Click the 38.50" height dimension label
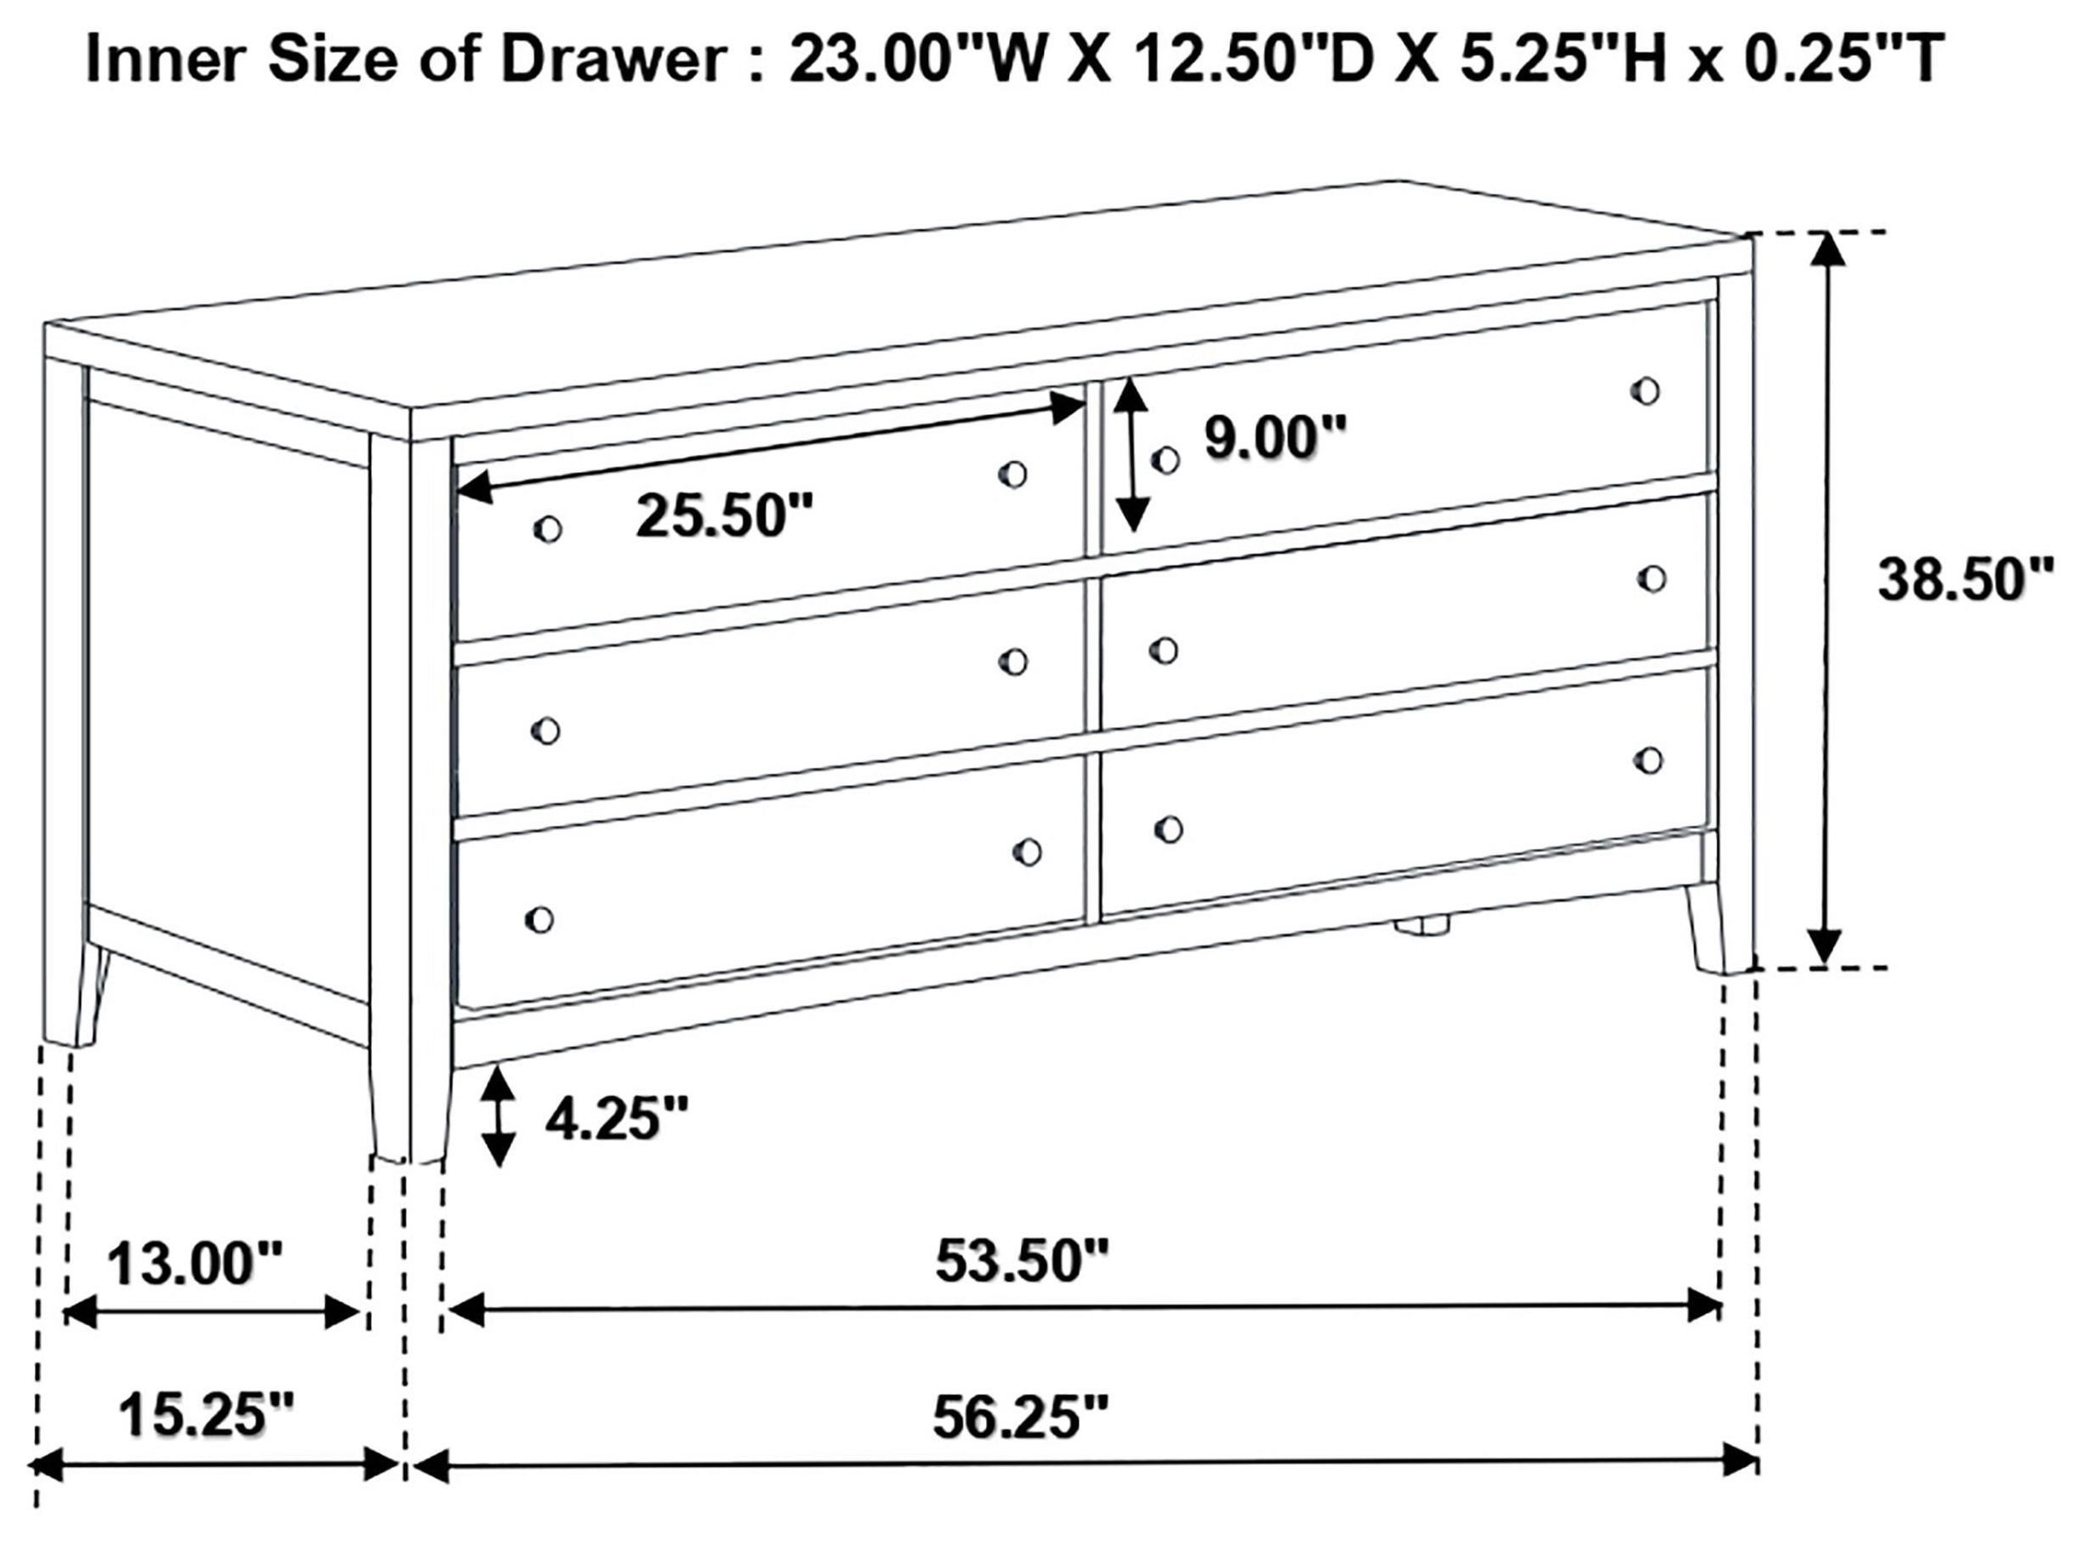[x=1964, y=580]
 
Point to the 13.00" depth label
[x=194, y=1265]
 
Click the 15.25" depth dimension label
[x=206, y=1416]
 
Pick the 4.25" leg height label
[x=617, y=1117]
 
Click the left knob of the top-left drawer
[x=548, y=529]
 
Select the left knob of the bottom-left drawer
[x=539, y=919]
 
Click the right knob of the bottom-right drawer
[x=1649, y=760]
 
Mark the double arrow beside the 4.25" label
[x=501, y=1117]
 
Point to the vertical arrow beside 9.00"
[x=1131, y=455]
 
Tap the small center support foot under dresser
[x=1421, y=926]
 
